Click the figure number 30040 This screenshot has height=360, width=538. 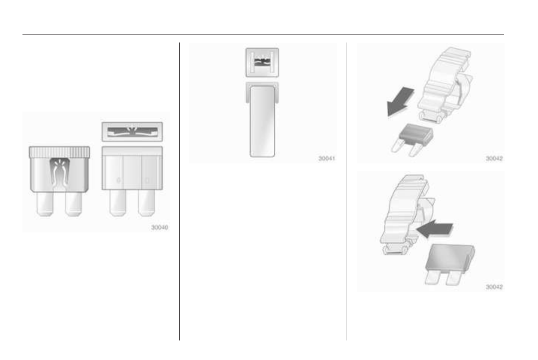(x=160, y=227)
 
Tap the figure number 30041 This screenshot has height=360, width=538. (x=327, y=159)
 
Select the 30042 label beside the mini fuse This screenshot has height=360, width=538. (x=494, y=159)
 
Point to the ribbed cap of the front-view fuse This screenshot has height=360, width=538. (x=59, y=151)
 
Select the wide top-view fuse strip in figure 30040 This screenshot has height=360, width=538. (x=132, y=131)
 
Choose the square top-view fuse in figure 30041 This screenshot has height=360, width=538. (x=262, y=62)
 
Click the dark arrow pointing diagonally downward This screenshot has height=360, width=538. (x=401, y=101)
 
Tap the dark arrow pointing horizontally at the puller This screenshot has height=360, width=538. (x=435, y=229)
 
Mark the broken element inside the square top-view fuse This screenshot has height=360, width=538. (x=262, y=62)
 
